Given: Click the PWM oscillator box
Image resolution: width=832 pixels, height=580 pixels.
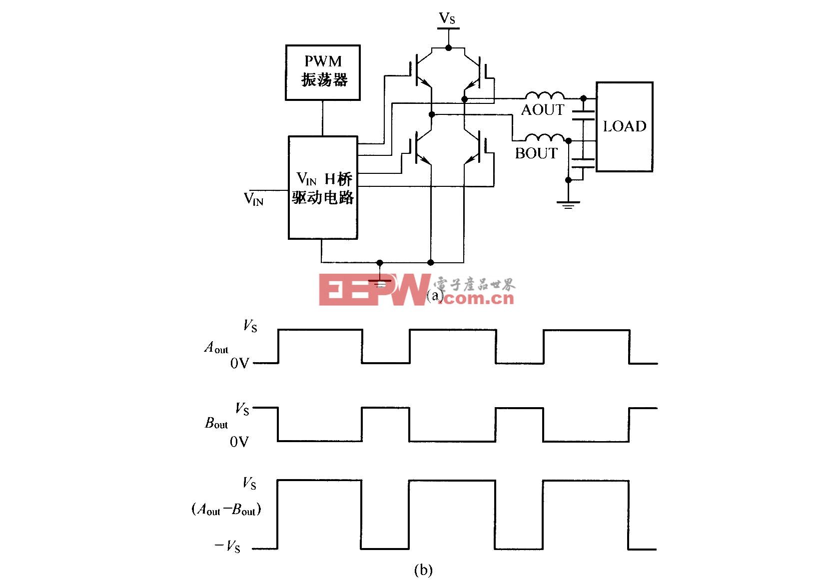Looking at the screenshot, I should pyautogui.click(x=323, y=72).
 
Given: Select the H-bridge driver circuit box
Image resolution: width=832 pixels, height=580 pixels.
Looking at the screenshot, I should pyautogui.click(x=323, y=187).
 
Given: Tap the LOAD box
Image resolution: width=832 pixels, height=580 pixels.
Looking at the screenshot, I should pyautogui.click(x=624, y=126).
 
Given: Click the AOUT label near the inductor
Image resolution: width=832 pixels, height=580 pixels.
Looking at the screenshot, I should pyautogui.click(x=542, y=110).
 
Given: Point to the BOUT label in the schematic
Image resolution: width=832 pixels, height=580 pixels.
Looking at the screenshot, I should pyautogui.click(x=536, y=153).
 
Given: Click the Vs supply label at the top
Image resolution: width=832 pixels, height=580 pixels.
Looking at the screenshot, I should pyautogui.click(x=447, y=18).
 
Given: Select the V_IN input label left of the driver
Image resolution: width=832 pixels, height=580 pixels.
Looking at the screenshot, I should pyautogui.click(x=254, y=198).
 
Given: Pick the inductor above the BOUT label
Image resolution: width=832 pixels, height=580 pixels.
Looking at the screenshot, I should pyautogui.click(x=544, y=137).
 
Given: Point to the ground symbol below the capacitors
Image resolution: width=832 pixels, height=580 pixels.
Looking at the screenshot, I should pyautogui.click(x=568, y=204).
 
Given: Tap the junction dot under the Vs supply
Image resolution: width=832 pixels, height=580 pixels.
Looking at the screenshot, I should pyautogui.click(x=448, y=47).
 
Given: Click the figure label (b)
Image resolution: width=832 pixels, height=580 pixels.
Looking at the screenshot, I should pyautogui.click(x=423, y=570).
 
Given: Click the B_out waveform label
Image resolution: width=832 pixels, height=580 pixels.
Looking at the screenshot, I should pyautogui.click(x=216, y=423).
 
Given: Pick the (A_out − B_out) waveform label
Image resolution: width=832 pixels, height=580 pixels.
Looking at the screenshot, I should pyautogui.click(x=226, y=509).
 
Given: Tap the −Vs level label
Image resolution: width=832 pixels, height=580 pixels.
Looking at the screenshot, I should pyautogui.click(x=227, y=546).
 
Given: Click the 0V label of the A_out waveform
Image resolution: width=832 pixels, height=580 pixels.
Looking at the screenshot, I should pyautogui.click(x=239, y=363).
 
